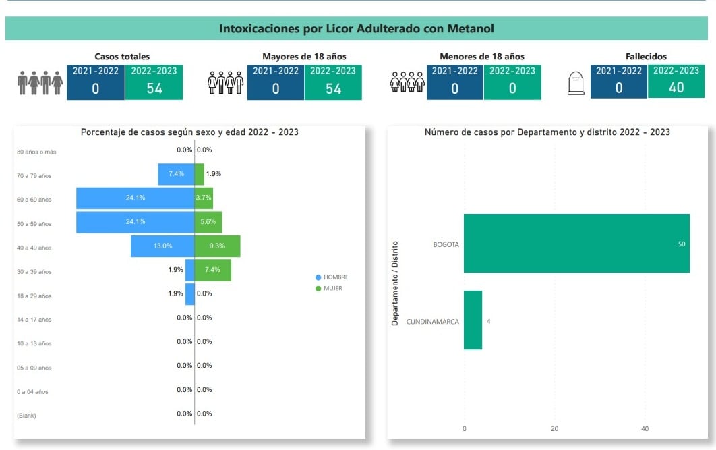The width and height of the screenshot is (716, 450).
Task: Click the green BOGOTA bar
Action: coord(576,244)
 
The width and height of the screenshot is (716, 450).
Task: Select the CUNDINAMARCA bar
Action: coord(473,320)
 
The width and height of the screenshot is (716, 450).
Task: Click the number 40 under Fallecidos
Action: coord(676,88)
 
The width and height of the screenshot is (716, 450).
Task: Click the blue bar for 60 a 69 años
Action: coord(135,198)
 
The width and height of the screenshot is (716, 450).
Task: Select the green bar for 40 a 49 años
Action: coord(217,246)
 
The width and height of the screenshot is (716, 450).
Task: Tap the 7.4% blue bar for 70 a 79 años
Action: coord(176,174)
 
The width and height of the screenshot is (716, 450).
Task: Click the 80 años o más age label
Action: coord(36,152)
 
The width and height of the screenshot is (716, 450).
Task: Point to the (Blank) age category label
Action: coord(26,416)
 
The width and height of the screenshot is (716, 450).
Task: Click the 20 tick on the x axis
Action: coord(554,429)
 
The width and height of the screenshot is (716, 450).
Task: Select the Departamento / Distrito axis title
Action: coord(396,283)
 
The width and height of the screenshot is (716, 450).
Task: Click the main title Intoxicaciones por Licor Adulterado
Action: coord(357,29)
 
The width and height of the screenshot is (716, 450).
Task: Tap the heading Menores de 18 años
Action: coord(481,57)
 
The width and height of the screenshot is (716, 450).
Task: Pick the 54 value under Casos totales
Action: coord(154,88)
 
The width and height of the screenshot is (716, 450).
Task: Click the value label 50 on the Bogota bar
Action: coord(682,244)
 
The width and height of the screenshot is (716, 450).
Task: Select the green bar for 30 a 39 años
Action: coord(212,271)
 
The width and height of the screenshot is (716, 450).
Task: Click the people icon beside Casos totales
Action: coord(40,83)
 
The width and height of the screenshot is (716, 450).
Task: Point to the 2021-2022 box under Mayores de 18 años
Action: coord(275,82)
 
